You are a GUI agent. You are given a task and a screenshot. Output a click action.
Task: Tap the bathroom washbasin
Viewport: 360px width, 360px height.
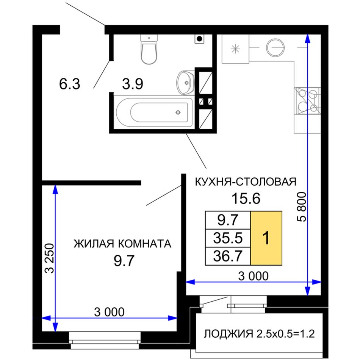186,83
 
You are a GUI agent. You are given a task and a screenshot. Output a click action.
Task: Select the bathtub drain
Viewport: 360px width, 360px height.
178,112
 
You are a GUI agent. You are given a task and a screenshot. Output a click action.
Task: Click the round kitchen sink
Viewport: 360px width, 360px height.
275,48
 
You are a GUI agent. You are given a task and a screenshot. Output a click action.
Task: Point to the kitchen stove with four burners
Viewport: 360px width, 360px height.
307,101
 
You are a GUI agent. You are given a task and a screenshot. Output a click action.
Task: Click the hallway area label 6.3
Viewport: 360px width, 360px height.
70,84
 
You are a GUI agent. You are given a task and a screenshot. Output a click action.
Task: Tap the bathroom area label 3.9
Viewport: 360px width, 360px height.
133,84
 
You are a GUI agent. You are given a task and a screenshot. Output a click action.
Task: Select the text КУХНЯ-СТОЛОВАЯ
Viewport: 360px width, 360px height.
246,182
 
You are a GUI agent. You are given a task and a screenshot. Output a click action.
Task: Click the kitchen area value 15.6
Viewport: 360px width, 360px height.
246,199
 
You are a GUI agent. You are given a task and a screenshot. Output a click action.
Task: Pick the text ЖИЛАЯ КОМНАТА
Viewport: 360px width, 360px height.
122,244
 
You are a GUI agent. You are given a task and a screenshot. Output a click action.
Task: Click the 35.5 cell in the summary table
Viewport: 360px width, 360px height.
228,238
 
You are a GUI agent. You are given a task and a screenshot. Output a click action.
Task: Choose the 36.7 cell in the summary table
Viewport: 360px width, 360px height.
228,256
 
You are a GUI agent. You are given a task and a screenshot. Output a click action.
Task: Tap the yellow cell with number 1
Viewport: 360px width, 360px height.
266,238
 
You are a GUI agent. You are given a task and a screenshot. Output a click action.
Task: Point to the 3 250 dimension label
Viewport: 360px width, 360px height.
50,258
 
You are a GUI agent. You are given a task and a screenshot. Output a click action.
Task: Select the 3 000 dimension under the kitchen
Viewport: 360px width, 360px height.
253,276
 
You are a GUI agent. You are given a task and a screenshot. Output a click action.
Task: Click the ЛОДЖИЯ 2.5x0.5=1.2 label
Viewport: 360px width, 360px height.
259,333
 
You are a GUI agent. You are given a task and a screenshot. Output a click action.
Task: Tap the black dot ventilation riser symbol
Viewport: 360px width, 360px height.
199,39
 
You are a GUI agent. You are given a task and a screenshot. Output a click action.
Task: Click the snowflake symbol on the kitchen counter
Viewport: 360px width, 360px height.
235,49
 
